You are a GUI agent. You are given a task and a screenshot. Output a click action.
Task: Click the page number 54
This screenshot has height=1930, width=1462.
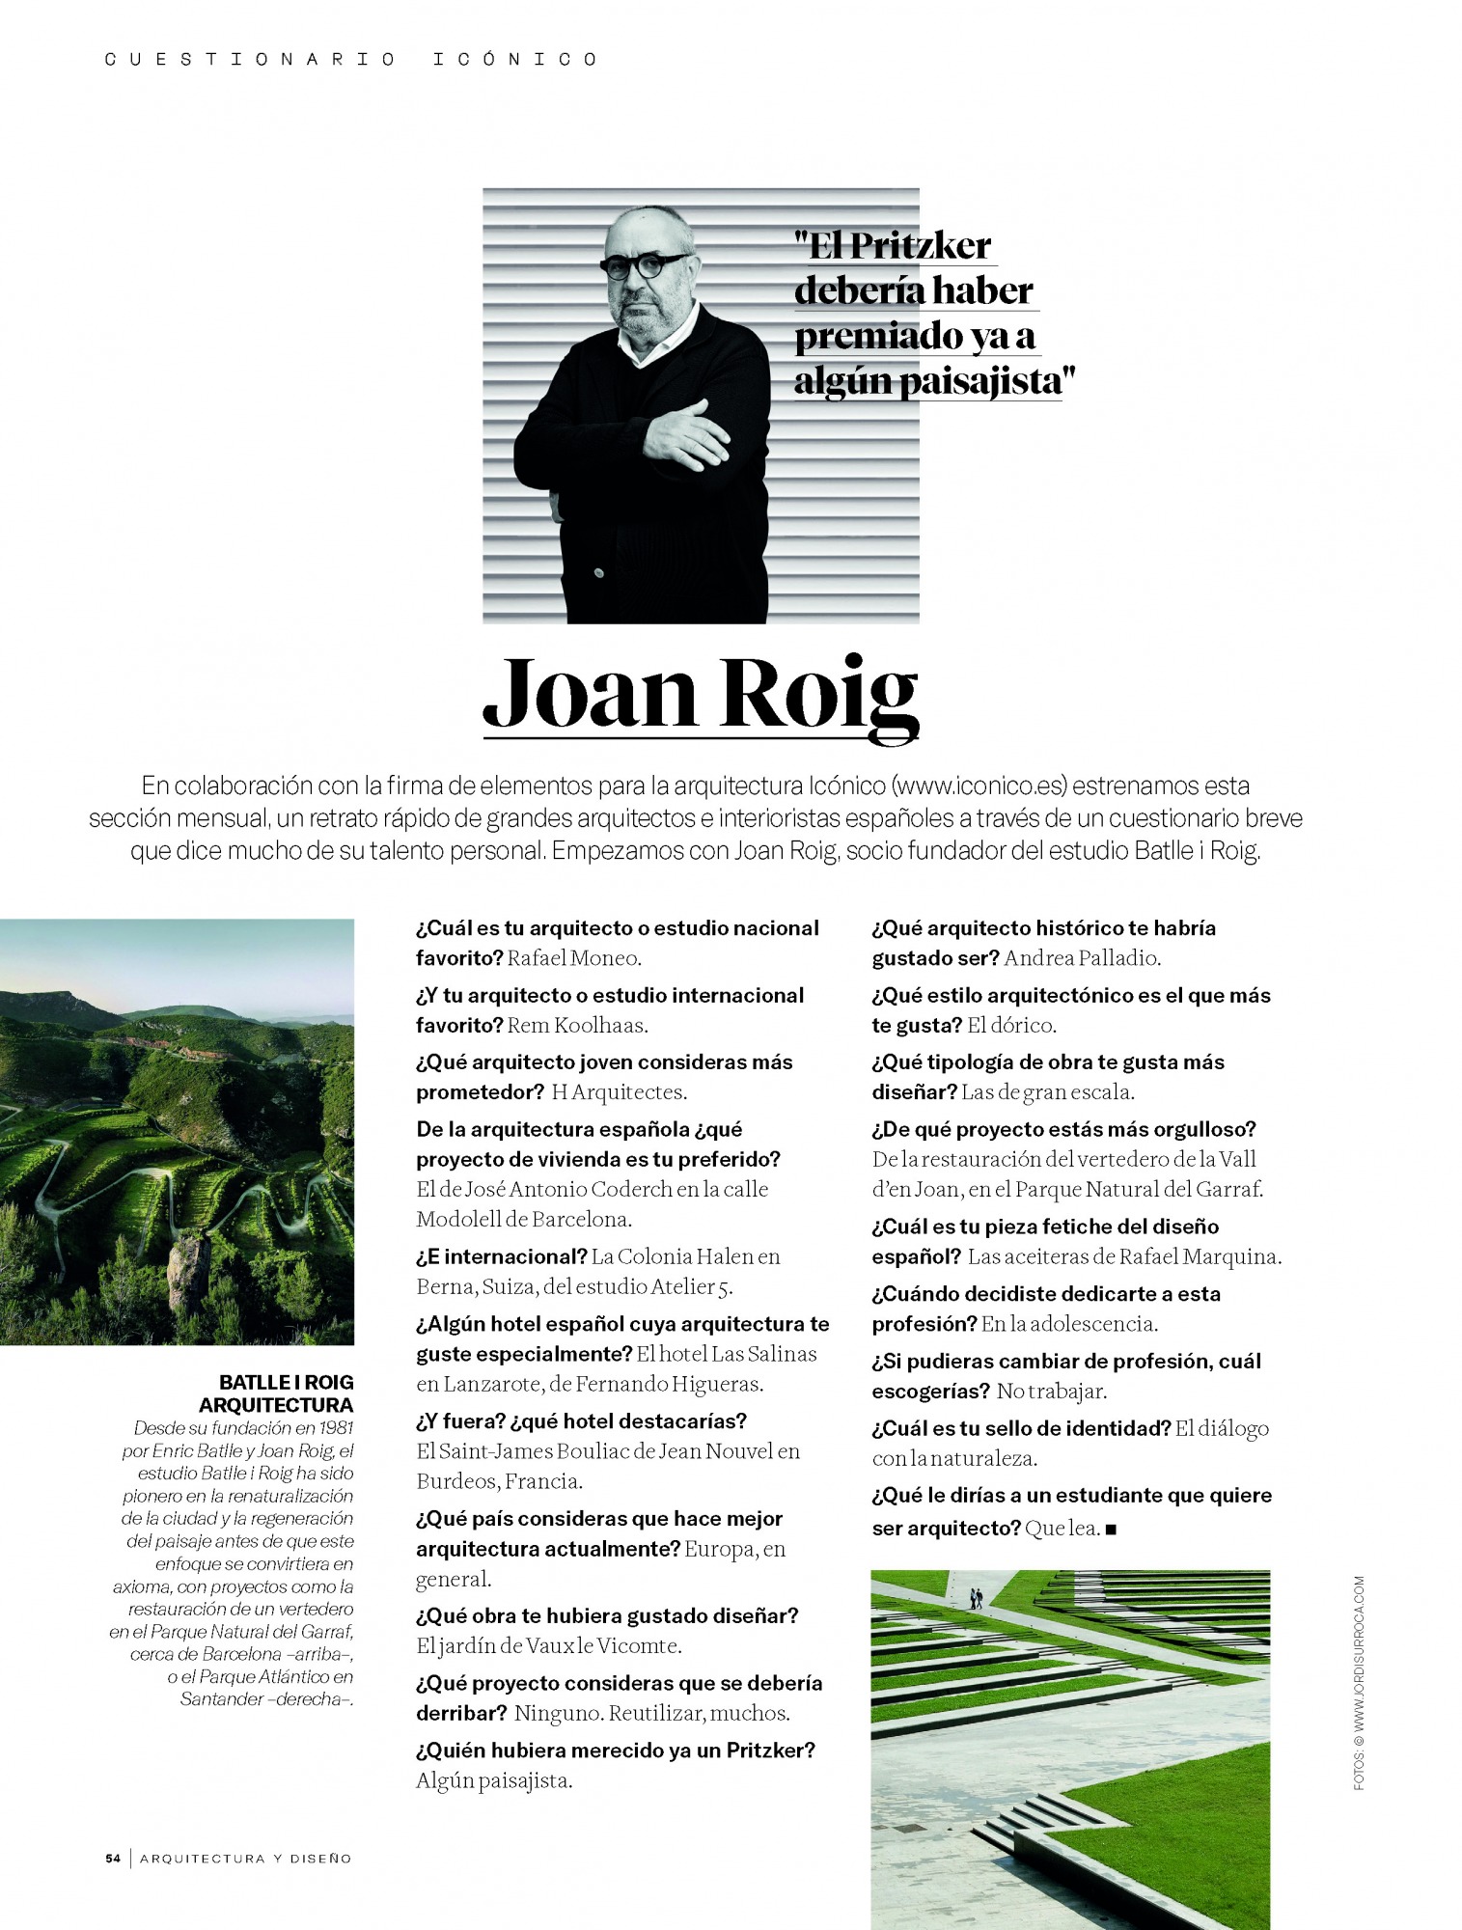point(113,1858)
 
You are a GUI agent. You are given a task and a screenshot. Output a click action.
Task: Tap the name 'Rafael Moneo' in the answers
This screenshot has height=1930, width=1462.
point(573,958)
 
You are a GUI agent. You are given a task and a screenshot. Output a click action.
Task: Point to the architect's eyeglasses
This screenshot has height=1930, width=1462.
point(644,264)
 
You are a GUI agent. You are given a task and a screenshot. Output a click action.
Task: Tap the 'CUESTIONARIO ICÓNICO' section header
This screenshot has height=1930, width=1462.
point(351,60)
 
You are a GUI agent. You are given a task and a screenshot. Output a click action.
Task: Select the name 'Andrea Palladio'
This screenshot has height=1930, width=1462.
point(1081,958)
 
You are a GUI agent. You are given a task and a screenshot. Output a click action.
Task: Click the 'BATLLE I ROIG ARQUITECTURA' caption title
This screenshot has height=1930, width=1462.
point(281,1393)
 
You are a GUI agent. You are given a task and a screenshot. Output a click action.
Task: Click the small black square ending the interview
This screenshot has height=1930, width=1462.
point(1111,1530)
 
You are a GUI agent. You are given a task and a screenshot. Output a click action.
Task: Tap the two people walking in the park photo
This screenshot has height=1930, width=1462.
point(976,1599)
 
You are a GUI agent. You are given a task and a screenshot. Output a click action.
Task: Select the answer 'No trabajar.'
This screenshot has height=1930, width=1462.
point(1051,1392)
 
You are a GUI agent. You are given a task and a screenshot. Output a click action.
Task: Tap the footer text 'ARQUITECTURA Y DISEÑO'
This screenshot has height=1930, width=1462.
point(245,1858)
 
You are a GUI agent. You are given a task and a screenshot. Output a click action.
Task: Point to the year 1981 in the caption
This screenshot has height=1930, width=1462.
point(334,1428)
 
